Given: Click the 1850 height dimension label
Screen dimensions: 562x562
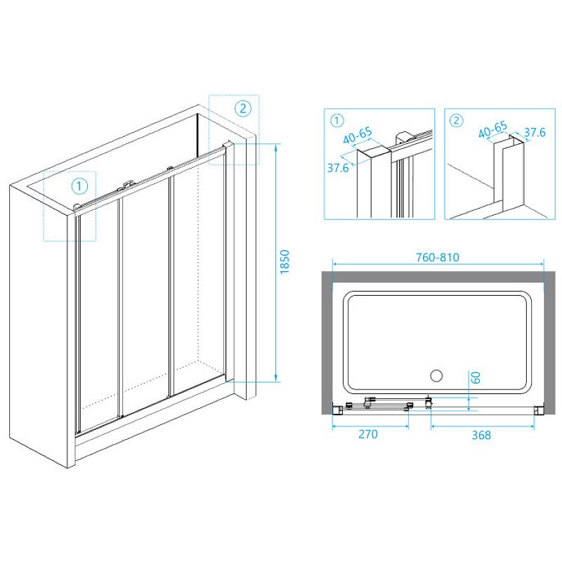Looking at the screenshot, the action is (x=285, y=262).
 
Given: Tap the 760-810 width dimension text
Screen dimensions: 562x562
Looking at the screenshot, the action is (x=437, y=257).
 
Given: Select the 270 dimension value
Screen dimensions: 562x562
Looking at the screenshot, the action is (x=368, y=434).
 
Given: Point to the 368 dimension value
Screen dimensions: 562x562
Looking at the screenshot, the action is (x=481, y=435).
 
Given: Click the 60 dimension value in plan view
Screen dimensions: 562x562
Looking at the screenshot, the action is (x=476, y=377).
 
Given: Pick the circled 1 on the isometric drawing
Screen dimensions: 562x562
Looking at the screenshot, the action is (x=79, y=186).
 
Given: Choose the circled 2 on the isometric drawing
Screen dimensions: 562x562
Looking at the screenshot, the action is (x=243, y=108).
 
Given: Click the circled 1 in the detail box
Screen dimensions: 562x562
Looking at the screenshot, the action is (x=336, y=121).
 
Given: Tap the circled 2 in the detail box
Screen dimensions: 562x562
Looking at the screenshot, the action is (x=456, y=120).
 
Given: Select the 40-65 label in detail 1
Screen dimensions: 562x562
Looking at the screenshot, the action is (x=358, y=136).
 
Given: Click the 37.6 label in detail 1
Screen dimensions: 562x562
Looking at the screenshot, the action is (x=338, y=168).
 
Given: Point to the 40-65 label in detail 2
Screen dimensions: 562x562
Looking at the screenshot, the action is (x=493, y=129).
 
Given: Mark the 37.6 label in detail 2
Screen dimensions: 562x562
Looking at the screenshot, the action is (x=535, y=133).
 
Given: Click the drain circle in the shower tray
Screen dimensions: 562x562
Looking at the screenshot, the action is (x=436, y=376).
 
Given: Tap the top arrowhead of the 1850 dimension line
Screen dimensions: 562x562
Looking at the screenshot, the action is (x=275, y=145).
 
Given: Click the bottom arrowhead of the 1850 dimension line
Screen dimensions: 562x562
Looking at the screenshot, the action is (x=275, y=381).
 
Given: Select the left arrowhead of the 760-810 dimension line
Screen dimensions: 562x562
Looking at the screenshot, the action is (x=334, y=264).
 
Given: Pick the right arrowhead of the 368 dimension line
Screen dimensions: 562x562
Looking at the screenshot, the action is (x=533, y=426).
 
